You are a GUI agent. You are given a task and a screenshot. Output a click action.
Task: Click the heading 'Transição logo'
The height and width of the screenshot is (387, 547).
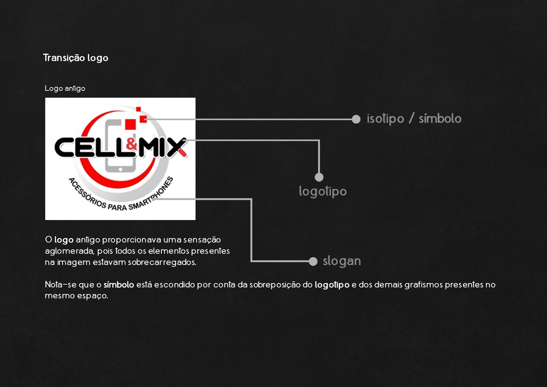coord(75,58)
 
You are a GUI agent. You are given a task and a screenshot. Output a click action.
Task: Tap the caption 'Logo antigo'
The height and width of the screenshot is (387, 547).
coord(65,88)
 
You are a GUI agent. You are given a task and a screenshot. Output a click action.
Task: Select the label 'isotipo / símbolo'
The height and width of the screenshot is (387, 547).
coord(414,119)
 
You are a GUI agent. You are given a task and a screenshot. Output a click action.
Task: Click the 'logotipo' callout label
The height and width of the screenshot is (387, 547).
coord(322,191)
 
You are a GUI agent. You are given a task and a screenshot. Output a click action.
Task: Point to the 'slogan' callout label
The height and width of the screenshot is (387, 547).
coord(341,261)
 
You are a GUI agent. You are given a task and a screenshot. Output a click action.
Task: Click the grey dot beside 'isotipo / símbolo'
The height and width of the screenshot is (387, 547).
coord(356,119)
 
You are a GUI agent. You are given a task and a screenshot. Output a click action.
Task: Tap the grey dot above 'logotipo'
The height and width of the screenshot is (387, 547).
coord(319,177)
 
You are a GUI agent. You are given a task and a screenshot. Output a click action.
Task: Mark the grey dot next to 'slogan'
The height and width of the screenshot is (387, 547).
coord(313,262)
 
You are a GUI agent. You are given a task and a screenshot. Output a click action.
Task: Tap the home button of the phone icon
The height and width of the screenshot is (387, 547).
coord(120,169)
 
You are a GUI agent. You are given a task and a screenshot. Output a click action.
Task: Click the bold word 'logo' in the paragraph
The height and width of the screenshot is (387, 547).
coord(64,240)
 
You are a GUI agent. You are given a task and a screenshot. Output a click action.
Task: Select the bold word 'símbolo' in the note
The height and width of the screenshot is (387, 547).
coord(119,285)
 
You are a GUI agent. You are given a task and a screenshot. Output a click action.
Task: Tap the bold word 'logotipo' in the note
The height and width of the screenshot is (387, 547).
coord(332,285)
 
